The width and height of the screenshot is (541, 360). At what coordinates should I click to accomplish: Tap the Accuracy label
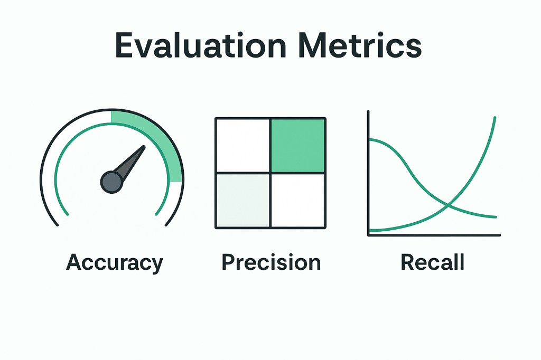tap(114, 262)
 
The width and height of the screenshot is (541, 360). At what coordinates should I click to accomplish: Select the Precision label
tap(270, 262)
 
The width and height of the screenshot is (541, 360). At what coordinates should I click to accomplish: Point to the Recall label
tap(432, 262)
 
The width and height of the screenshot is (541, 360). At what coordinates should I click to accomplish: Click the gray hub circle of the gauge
tap(111, 182)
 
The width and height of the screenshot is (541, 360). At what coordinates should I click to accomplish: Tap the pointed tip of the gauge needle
tap(144, 147)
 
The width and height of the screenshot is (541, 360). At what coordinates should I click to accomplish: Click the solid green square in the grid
tap(297, 146)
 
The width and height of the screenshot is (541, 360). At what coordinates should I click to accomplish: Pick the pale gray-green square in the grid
tap(243, 200)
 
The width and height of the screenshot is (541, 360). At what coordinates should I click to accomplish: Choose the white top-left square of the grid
tap(243, 146)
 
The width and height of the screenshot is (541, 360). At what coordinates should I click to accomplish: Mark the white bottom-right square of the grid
tap(297, 200)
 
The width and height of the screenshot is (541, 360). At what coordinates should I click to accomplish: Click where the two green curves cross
tap(448, 205)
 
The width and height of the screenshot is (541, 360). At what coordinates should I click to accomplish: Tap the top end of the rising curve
tap(496, 117)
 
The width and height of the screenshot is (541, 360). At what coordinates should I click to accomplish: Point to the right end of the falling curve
tap(496, 217)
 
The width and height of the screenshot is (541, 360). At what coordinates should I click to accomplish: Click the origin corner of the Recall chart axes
tap(369, 235)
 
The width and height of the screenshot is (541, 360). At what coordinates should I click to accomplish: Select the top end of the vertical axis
tap(369, 112)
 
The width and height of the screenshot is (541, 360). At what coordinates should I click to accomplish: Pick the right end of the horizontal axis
tap(499, 235)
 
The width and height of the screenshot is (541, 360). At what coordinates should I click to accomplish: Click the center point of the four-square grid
tap(270, 173)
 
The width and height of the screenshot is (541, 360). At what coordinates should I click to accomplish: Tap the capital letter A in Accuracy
tap(75, 262)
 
